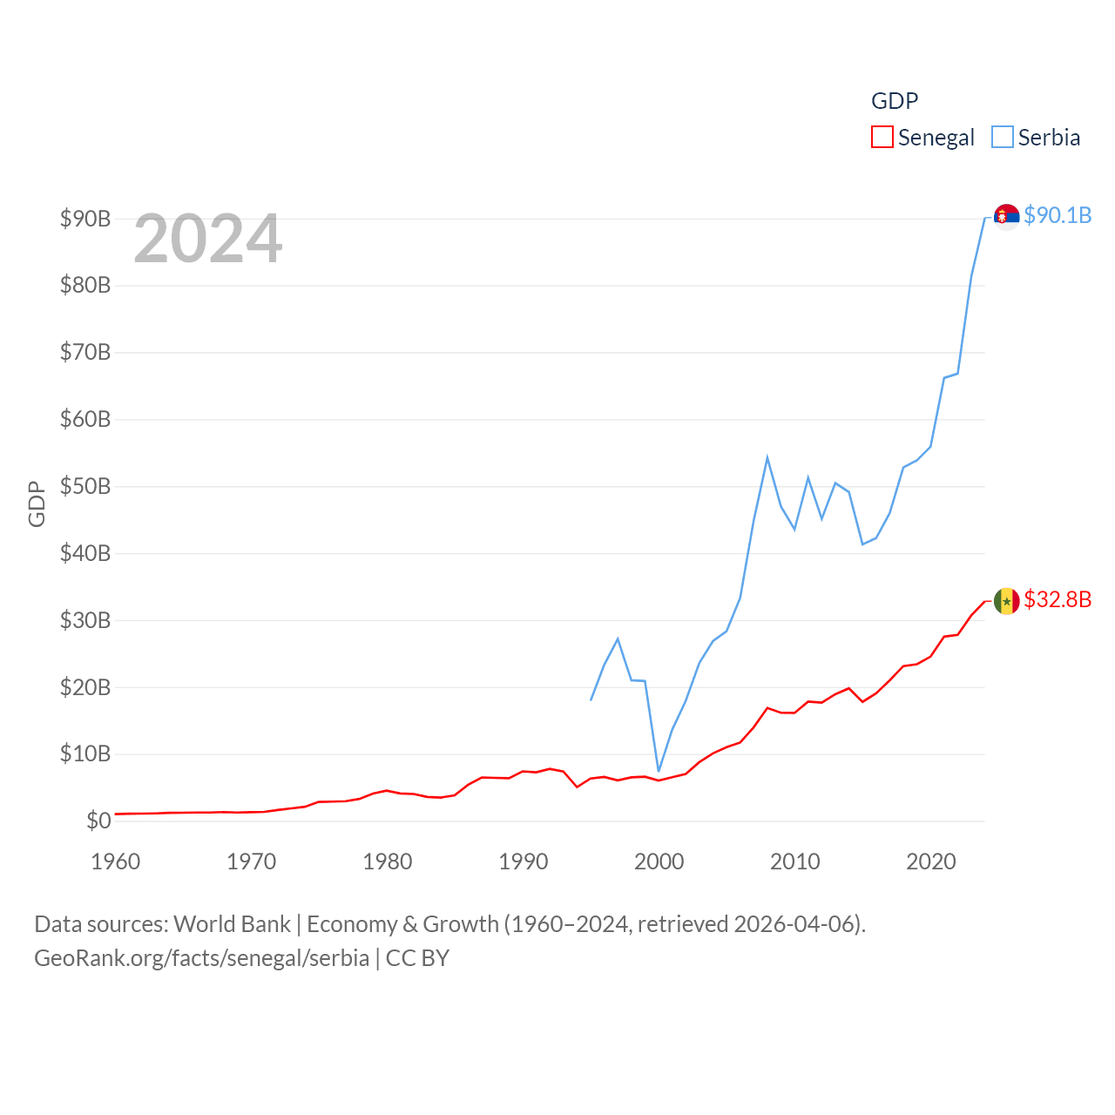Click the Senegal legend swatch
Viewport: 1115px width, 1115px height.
(882, 138)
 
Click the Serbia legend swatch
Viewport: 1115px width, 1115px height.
(1003, 138)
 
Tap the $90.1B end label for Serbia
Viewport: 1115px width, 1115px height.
(1058, 215)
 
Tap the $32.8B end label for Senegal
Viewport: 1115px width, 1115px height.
(1058, 599)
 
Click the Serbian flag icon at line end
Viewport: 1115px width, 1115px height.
(1007, 216)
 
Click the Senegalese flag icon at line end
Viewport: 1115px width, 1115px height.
(1007, 600)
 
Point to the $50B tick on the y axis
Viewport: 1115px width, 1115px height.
(85, 486)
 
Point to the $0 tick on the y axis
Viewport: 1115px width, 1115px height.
(98, 821)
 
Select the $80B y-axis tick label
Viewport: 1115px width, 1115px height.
(85, 285)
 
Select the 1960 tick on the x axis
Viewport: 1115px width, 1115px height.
(116, 862)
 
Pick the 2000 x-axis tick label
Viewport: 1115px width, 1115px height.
(659, 862)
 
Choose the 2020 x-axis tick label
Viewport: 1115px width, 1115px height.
(931, 862)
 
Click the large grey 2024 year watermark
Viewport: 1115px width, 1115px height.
(208, 239)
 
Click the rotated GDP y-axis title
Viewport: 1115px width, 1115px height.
(37, 503)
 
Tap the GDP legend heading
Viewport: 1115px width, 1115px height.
(895, 101)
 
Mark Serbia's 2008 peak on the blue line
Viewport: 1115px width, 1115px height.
(767, 457)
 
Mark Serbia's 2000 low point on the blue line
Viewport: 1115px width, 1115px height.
(659, 772)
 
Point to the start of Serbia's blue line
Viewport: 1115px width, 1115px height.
(591, 699)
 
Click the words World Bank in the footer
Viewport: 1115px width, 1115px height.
(232, 923)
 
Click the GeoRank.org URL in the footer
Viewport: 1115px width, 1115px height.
(201, 958)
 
